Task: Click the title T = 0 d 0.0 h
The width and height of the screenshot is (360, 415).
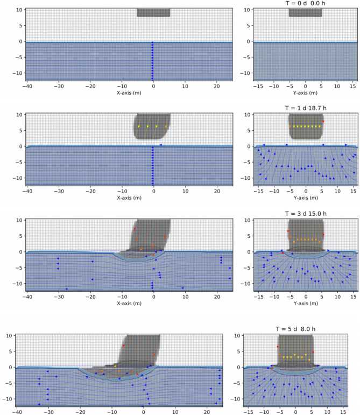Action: (305, 3)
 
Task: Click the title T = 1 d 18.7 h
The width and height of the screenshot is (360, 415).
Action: (305, 108)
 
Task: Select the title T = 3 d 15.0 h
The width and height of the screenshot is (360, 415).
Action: (305, 214)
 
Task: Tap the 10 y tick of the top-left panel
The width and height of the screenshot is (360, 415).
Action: (18, 10)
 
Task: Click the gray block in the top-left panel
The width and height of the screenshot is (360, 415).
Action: (153, 12)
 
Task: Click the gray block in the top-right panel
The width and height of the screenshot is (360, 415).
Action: (305, 12)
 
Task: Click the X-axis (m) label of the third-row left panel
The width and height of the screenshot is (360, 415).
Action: (129, 303)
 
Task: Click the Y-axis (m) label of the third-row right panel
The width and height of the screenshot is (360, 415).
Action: (305, 303)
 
